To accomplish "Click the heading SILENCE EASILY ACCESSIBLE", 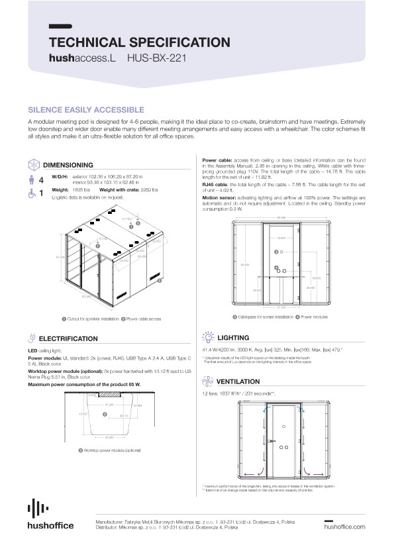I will tap(86, 109).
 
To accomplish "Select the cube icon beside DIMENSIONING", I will tap(34, 164).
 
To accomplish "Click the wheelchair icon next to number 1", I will tap(34, 193).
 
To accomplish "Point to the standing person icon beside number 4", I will tap(34, 179).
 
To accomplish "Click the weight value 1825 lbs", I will tap(80, 189).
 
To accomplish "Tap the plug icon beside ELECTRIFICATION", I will tap(34, 338).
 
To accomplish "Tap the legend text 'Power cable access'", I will tap(142, 319).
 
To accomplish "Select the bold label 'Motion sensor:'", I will tap(218, 197).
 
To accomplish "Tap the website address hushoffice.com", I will tap(344, 527).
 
